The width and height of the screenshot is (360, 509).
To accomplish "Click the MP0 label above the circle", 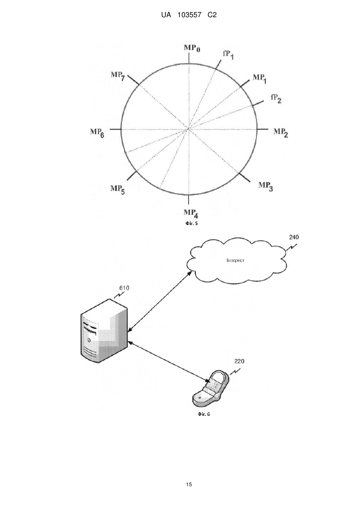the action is [x=192, y=48].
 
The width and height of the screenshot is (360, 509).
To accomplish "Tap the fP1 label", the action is [x=228, y=55].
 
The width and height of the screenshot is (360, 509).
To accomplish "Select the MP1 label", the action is [x=259, y=78].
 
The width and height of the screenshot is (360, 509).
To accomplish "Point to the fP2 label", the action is [x=276, y=99].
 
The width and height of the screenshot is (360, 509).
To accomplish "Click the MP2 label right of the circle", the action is [x=281, y=132].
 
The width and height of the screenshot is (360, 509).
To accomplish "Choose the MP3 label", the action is [x=266, y=186].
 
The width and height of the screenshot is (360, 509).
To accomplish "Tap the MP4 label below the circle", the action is [x=191, y=214].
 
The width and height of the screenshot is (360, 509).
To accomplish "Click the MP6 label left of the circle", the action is [x=97, y=133].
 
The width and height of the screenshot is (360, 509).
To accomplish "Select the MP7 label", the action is [x=118, y=76].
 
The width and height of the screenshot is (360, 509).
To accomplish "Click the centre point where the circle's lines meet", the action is [x=188, y=129].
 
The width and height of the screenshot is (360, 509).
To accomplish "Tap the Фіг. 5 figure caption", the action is [x=191, y=224].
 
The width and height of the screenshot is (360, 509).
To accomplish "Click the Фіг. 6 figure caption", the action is [x=204, y=414].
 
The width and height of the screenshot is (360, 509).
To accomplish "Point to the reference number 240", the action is [x=294, y=237].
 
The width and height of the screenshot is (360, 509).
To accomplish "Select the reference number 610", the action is [x=124, y=288].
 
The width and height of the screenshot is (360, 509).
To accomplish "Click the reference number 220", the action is [x=239, y=361].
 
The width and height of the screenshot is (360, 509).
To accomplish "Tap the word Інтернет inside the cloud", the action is [x=235, y=260].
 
